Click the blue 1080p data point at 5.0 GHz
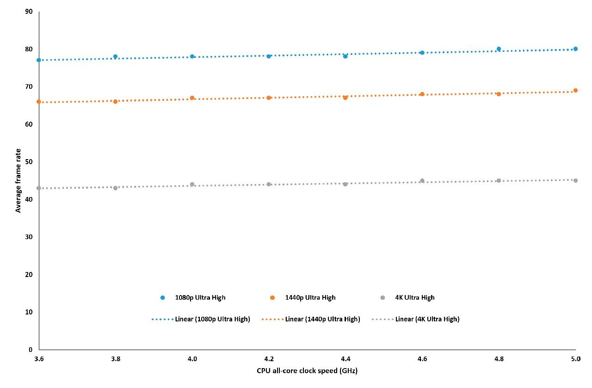pyautogui.click(x=575, y=49)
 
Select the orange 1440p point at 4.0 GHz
pyautogui.click(x=192, y=98)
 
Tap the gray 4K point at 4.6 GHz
pyautogui.click(x=422, y=181)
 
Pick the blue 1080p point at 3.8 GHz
pyautogui.click(x=115, y=56)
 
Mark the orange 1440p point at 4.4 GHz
pyautogui.click(x=345, y=98)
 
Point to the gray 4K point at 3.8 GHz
pyautogui.click(x=115, y=188)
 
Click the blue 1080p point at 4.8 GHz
pyautogui.click(x=499, y=49)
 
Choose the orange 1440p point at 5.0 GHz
pyautogui.click(x=575, y=91)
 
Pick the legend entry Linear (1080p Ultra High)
pyautogui.click(x=201, y=319)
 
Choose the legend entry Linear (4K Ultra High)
pyautogui.click(x=415, y=319)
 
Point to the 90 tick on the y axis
pyautogui.click(x=29, y=12)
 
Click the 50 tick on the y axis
pyautogui.click(x=29, y=162)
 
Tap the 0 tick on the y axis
pyautogui.click(x=31, y=350)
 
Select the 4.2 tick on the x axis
pyautogui.click(x=269, y=359)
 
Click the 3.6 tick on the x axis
pyautogui.click(x=39, y=359)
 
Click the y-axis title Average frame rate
pyautogui.click(x=18, y=181)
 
